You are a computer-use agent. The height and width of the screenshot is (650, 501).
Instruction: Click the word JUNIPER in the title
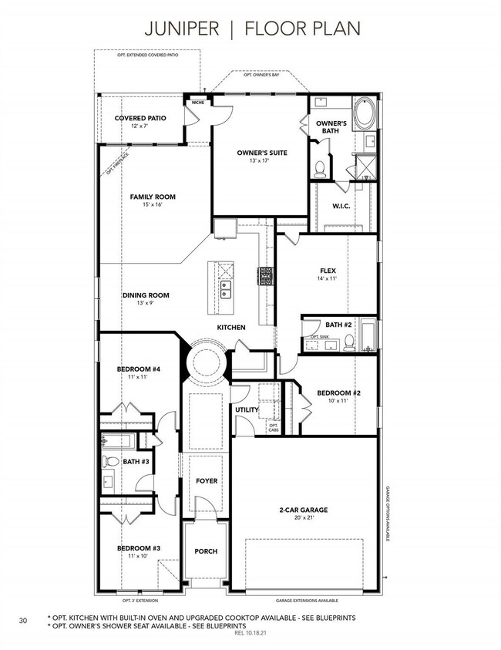coord(185,29)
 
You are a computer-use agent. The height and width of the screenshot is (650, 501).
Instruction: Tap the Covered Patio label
coord(140,118)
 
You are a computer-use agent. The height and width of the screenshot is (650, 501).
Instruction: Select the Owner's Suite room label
coord(261,153)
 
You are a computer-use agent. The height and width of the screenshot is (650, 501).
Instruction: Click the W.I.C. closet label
coord(341,205)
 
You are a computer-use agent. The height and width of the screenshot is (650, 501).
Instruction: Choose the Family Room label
coord(152,197)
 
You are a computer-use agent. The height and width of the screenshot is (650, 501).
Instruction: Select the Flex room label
coord(328,271)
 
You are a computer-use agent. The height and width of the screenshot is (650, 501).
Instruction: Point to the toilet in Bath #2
coord(349,342)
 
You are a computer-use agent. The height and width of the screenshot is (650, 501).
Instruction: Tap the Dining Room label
coord(146,295)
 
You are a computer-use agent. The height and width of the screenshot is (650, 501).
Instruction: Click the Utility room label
coord(247,409)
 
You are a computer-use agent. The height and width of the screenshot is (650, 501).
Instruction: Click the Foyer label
coord(206,481)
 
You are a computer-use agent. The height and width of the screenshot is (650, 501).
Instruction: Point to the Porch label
coord(206,551)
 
